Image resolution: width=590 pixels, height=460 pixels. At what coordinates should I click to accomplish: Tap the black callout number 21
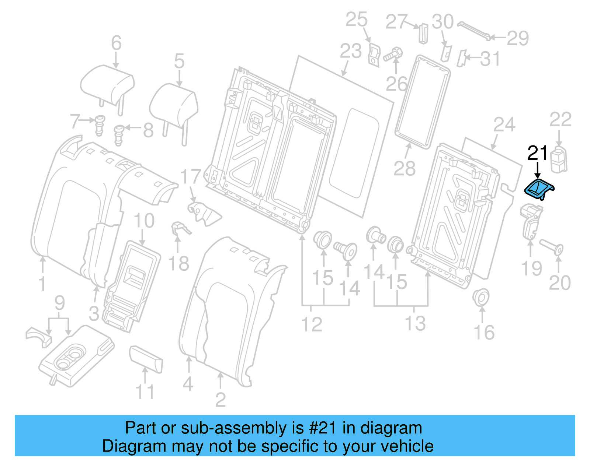click(x=537, y=153)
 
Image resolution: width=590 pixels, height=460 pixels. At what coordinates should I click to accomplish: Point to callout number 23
click(x=350, y=51)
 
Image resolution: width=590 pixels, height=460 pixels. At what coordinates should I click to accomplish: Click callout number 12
click(x=312, y=324)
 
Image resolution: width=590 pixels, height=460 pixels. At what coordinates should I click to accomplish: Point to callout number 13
click(x=415, y=324)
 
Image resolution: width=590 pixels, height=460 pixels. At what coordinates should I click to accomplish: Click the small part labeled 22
click(x=559, y=159)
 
